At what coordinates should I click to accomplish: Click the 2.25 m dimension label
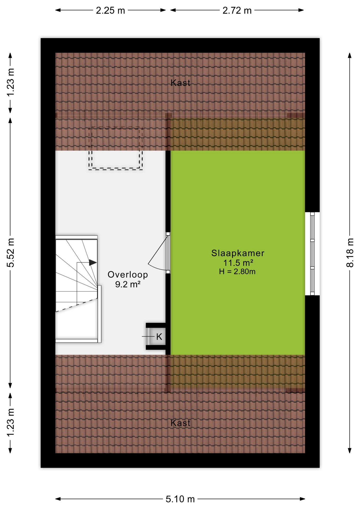[x=110, y=11]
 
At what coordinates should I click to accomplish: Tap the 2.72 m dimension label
[x=237, y=11]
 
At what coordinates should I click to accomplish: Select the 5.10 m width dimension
[x=180, y=499]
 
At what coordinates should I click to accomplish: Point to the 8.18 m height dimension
[x=350, y=253]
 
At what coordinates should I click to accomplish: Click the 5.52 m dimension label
[x=11, y=253]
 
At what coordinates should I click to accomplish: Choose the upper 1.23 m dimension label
[x=11, y=83]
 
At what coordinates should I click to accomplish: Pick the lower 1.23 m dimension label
[x=11, y=423]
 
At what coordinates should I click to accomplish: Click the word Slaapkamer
[x=238, y=253]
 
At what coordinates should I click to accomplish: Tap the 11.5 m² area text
[x=238, y=263]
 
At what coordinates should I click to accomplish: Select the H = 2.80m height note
[x=237, y=271]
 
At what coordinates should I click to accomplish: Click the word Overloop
[x=128, y=275]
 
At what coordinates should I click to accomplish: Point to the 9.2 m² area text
[x=128, y=284]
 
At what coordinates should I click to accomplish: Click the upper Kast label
[x=180, y=83]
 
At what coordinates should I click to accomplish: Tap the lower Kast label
[x=180, y=423]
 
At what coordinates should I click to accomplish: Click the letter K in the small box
[x=159, y=337]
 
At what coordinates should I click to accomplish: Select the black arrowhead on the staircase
[x=93, y=262]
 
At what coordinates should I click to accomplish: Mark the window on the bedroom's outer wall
[x=312, y=253]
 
